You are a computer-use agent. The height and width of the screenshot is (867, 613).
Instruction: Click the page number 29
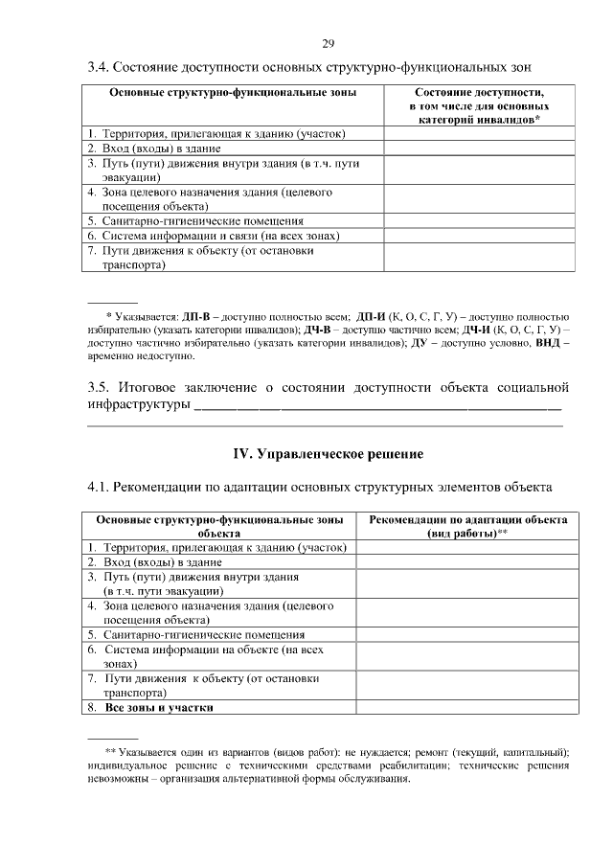327,44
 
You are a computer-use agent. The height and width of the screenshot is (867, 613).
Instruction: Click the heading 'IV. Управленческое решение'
329,452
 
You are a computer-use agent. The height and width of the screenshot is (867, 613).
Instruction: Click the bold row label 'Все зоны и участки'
158,708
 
